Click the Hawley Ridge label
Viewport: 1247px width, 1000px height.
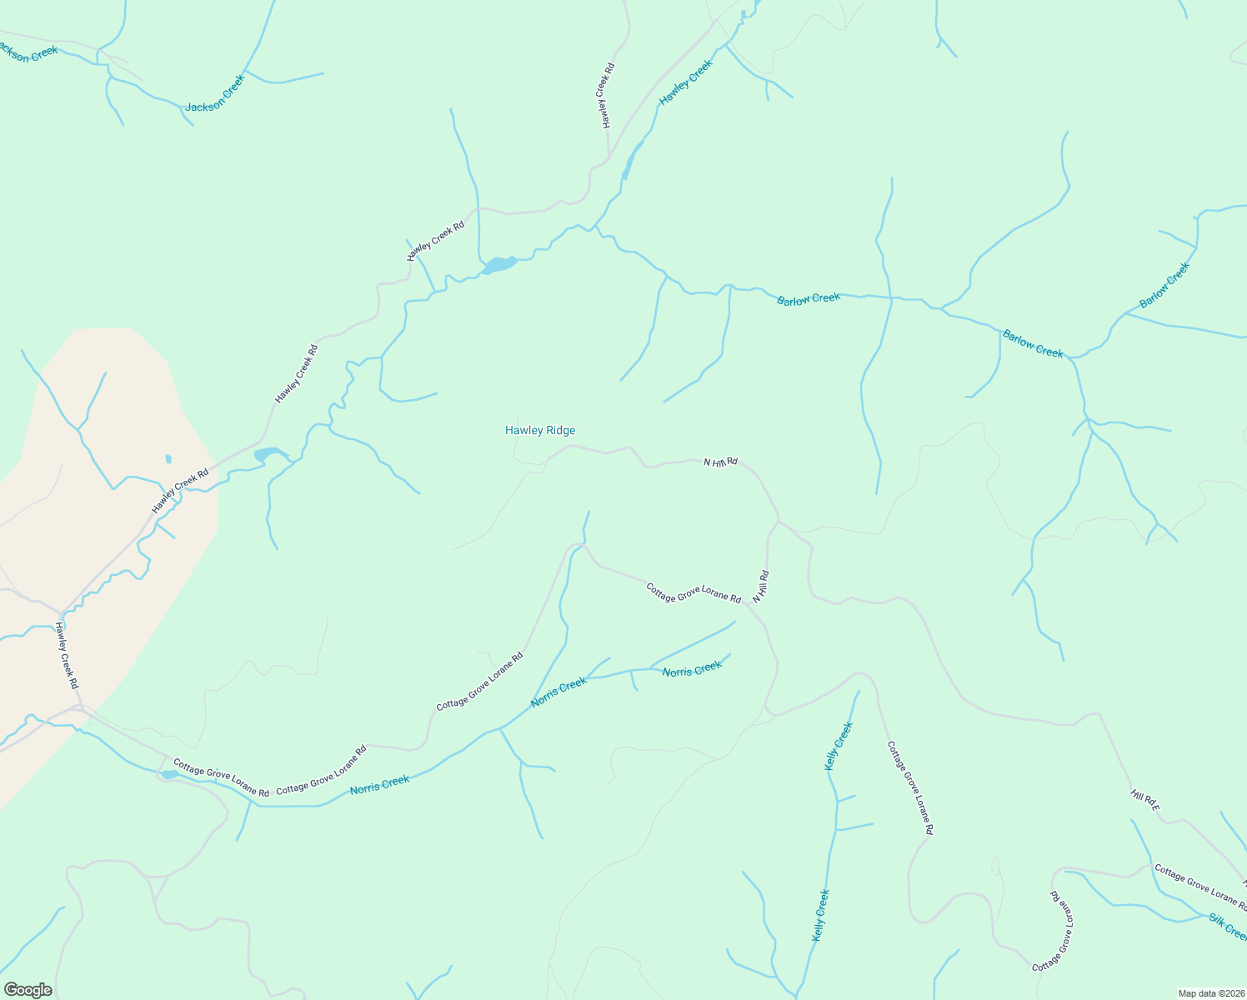click(x=540, y=431)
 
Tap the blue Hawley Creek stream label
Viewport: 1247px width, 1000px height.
click(x=686, y=82)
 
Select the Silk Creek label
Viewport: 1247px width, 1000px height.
click(x=1228, y=925)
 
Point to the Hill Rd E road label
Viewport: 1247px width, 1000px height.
click(x=1144, y=800)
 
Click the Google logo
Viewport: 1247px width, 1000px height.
click(x=28, y=990)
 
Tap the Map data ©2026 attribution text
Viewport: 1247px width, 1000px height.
click(x=1209, y=993)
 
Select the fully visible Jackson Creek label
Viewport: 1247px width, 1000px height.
click(x=215, y=94)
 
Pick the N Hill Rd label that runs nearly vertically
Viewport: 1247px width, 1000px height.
click(x=760, y=587)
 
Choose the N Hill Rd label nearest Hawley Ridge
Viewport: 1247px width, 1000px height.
click(x=720, y=462)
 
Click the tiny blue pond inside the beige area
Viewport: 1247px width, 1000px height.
click(x=168, y=458)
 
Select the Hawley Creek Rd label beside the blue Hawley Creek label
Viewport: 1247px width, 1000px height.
click(x=608, y=95)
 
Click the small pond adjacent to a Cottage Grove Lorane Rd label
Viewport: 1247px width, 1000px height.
click(x=169, y=775)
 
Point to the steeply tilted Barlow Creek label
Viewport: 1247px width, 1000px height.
click(x=1164, y=285)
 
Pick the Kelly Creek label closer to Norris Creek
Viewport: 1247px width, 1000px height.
click(x=839, y=746)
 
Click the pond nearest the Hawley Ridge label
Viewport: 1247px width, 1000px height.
click(x=499, y=265)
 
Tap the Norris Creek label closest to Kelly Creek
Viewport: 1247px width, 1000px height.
click(x=692, y=669)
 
